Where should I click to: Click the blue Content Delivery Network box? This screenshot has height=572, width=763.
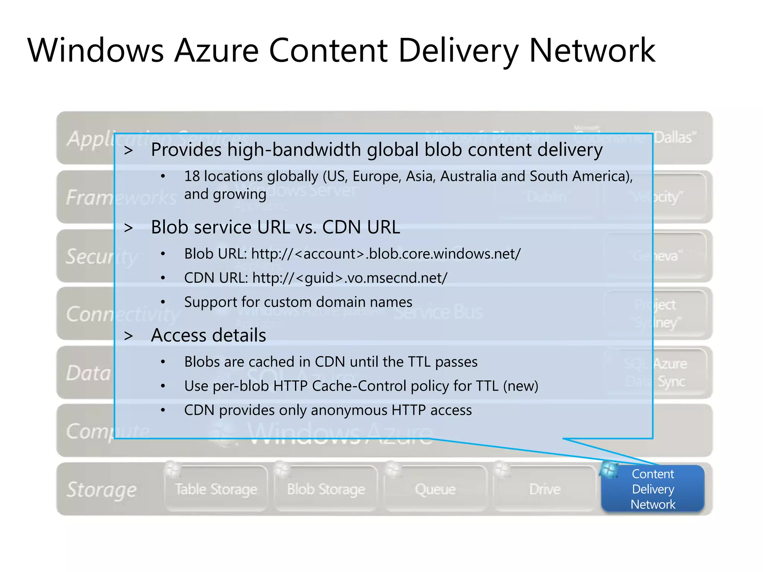click(653, 489)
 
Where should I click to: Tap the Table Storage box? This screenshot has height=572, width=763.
click(216, 489)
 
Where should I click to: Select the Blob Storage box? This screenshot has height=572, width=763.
click(326, 489)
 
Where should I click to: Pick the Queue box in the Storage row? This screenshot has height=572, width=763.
click(435, 489)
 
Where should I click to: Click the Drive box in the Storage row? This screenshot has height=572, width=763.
click(545, 489)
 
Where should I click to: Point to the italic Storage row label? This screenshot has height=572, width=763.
click(101, 489)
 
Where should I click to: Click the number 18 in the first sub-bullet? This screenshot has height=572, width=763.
click(192, 176)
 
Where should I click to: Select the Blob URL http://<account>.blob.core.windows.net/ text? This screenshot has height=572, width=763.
click(386, 254)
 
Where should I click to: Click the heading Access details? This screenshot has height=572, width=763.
click(208, 335)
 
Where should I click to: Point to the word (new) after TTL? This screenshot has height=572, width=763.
click(520, 386)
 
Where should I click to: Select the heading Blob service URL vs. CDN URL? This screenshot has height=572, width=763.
click(275, 227)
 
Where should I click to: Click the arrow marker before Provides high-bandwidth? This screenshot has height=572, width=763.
click(129, 150)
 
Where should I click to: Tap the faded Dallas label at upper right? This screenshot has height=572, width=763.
click(674, 137)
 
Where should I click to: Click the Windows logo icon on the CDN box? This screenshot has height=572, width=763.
click(609, 470)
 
